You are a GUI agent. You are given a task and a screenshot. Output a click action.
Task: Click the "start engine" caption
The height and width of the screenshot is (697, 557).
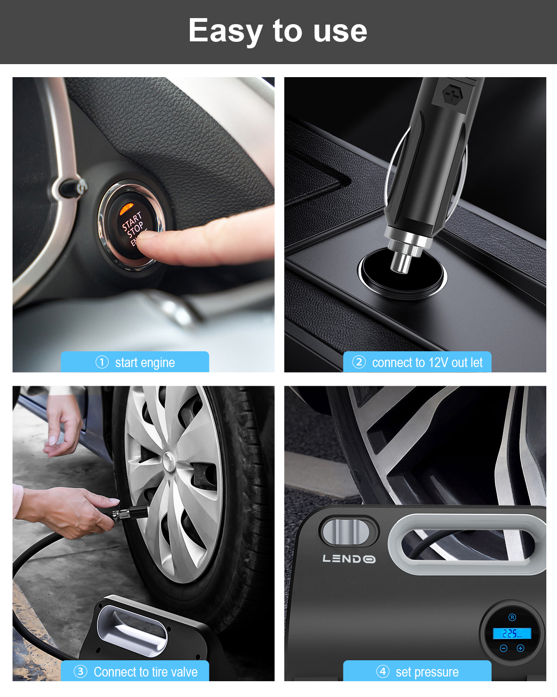pos(145,362)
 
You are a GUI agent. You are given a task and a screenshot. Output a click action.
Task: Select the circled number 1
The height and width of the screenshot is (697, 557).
pos(102,362)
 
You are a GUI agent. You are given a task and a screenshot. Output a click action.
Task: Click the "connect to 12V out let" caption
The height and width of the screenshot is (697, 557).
pos(427,362)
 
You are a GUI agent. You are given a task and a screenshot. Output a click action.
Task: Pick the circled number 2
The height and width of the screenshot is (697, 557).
pos(359,362)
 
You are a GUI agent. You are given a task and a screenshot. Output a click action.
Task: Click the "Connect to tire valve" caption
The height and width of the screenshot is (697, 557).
pos(145,672)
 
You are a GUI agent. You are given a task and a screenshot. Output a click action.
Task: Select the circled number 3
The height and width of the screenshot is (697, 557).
pos(80,671)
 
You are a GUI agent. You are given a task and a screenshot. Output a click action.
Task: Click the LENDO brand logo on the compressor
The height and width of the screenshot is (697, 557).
pos(349,559)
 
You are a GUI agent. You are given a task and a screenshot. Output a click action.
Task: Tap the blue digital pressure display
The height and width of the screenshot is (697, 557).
pos(512,633)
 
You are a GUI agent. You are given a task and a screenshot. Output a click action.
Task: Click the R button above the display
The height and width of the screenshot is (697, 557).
pos(512,618)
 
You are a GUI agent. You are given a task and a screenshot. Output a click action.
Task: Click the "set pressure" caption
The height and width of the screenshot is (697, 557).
pos(427,672)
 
